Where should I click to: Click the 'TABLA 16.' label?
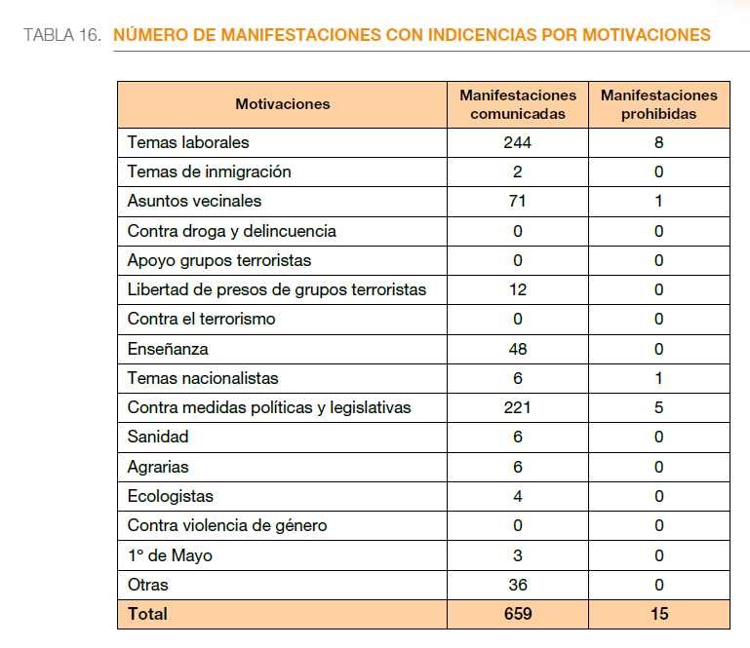pos(62,35)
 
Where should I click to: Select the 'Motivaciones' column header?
pos(282,104)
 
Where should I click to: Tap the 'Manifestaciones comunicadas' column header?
pos(518,104)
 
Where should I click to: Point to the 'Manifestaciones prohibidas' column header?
pos(658,104)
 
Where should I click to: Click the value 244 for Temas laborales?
pos(518,142)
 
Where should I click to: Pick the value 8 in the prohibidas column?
pos(658,142)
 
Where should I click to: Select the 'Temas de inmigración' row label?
pos(209,172)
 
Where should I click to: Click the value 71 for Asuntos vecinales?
pos(518,201)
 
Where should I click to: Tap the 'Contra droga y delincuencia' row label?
pos(231,231)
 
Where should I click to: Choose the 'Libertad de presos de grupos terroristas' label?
pos(276,290)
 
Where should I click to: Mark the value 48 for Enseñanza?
pos(518,349)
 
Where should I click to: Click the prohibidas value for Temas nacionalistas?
pos(658,378)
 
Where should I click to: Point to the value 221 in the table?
pos(518,407)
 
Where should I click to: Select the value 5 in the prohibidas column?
pos(658,407)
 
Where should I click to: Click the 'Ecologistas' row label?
pos(171,497)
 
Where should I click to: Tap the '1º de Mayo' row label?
pos(170,555)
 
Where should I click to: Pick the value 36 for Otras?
pos(518,585)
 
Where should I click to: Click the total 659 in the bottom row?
pos(518,614)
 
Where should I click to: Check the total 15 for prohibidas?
pos(659,614)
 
